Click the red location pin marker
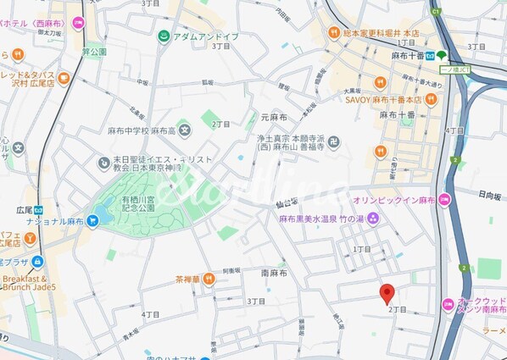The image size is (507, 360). tap(387, 292)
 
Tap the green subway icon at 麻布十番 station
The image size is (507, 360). tap(441, 55)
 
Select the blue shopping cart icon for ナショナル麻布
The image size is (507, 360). tap(92, 221)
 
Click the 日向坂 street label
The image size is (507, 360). tap(489, 194)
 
